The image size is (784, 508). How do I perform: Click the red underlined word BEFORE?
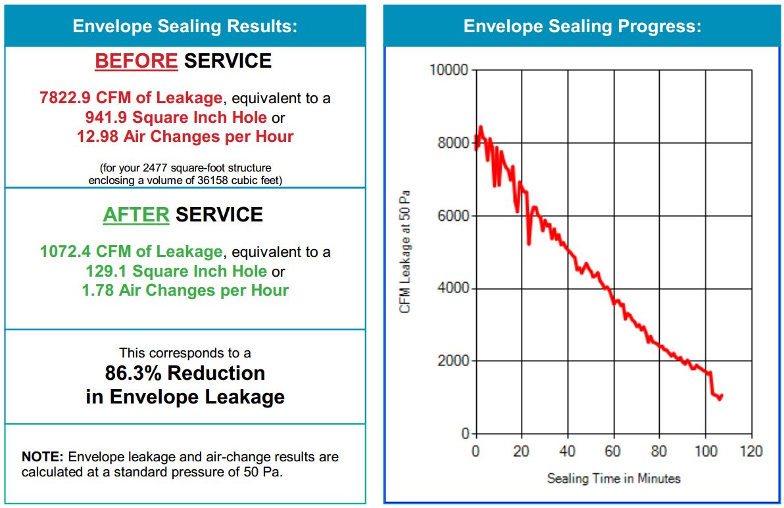point(136,61)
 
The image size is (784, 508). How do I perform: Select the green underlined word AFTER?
point(135,215)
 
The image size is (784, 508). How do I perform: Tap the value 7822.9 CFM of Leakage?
point(131,99)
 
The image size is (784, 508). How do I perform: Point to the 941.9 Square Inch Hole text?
point(176,118)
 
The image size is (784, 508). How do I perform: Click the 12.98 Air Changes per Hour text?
point(185,137)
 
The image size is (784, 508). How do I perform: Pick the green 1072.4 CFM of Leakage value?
point(131,252)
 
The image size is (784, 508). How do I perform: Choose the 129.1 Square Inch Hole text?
point(176,271)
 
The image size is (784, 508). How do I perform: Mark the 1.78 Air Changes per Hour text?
point(185,290)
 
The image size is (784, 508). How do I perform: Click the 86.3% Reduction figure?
point(185,373)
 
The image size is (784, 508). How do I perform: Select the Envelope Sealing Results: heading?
point(185,26)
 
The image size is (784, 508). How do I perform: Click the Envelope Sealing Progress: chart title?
point(582,26)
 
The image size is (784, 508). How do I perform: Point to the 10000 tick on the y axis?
point(449,70)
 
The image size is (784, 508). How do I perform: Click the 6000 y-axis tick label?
point(453,216)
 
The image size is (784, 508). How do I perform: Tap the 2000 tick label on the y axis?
point(453,361)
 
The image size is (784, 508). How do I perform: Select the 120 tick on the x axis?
point(750,451)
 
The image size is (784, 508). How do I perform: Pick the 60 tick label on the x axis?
point(613,451)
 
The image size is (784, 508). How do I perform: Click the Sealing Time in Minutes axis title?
point(613,478)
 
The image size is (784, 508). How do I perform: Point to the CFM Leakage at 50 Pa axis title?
point(405,252)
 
